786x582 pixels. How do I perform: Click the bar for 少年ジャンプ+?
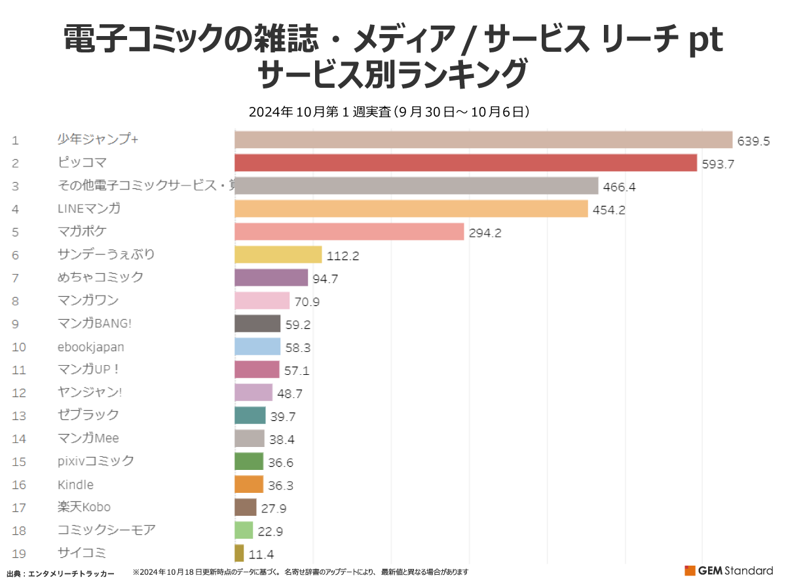(x=483, y=140)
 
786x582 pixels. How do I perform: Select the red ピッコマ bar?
(x=465, y=163)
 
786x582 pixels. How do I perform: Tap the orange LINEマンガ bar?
(x=411, y=208)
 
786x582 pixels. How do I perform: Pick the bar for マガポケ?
(x=349, y=231)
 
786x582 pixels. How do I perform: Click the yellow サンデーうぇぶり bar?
(x=278, y=254)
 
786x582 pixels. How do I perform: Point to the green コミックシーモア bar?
(x=243, y=530)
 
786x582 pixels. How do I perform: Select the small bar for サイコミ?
(x=239, y=553)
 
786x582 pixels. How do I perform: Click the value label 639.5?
(x=753, y=141)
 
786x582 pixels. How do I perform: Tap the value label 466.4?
(x=620, y=187)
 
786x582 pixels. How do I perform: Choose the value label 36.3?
(x=280, y=486)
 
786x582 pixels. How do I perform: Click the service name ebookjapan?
(x=90, y=347)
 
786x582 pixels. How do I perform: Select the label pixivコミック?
(x=96, y=461)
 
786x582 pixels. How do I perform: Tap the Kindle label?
(x=75, y=484)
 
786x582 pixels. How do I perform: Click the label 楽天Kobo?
(x=84, y=507)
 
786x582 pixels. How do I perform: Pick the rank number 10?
(x=18, y=347)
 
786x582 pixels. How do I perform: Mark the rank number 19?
(x=18, y=553)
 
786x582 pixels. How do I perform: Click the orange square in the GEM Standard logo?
(x=690, y=570)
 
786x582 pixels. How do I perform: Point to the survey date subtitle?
(x=389, y=112)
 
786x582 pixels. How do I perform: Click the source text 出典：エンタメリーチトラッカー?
(x=60, y=573)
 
